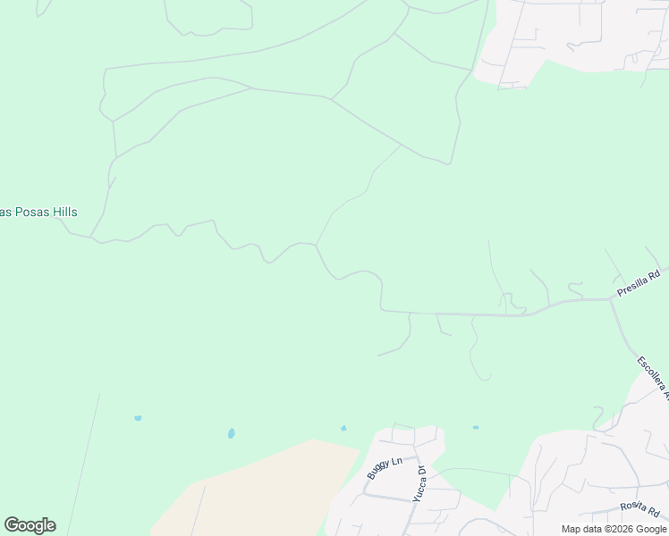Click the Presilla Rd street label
[639, 284]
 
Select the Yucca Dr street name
[419, 483]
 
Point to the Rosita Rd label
[639, 509]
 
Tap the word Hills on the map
[64, 212]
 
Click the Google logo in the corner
[30, 525]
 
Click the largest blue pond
[231, 433]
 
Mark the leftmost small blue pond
[138, 417]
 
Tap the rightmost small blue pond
[475, 427]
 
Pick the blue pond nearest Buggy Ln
[343, 428]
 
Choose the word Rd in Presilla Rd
[654, 276]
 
